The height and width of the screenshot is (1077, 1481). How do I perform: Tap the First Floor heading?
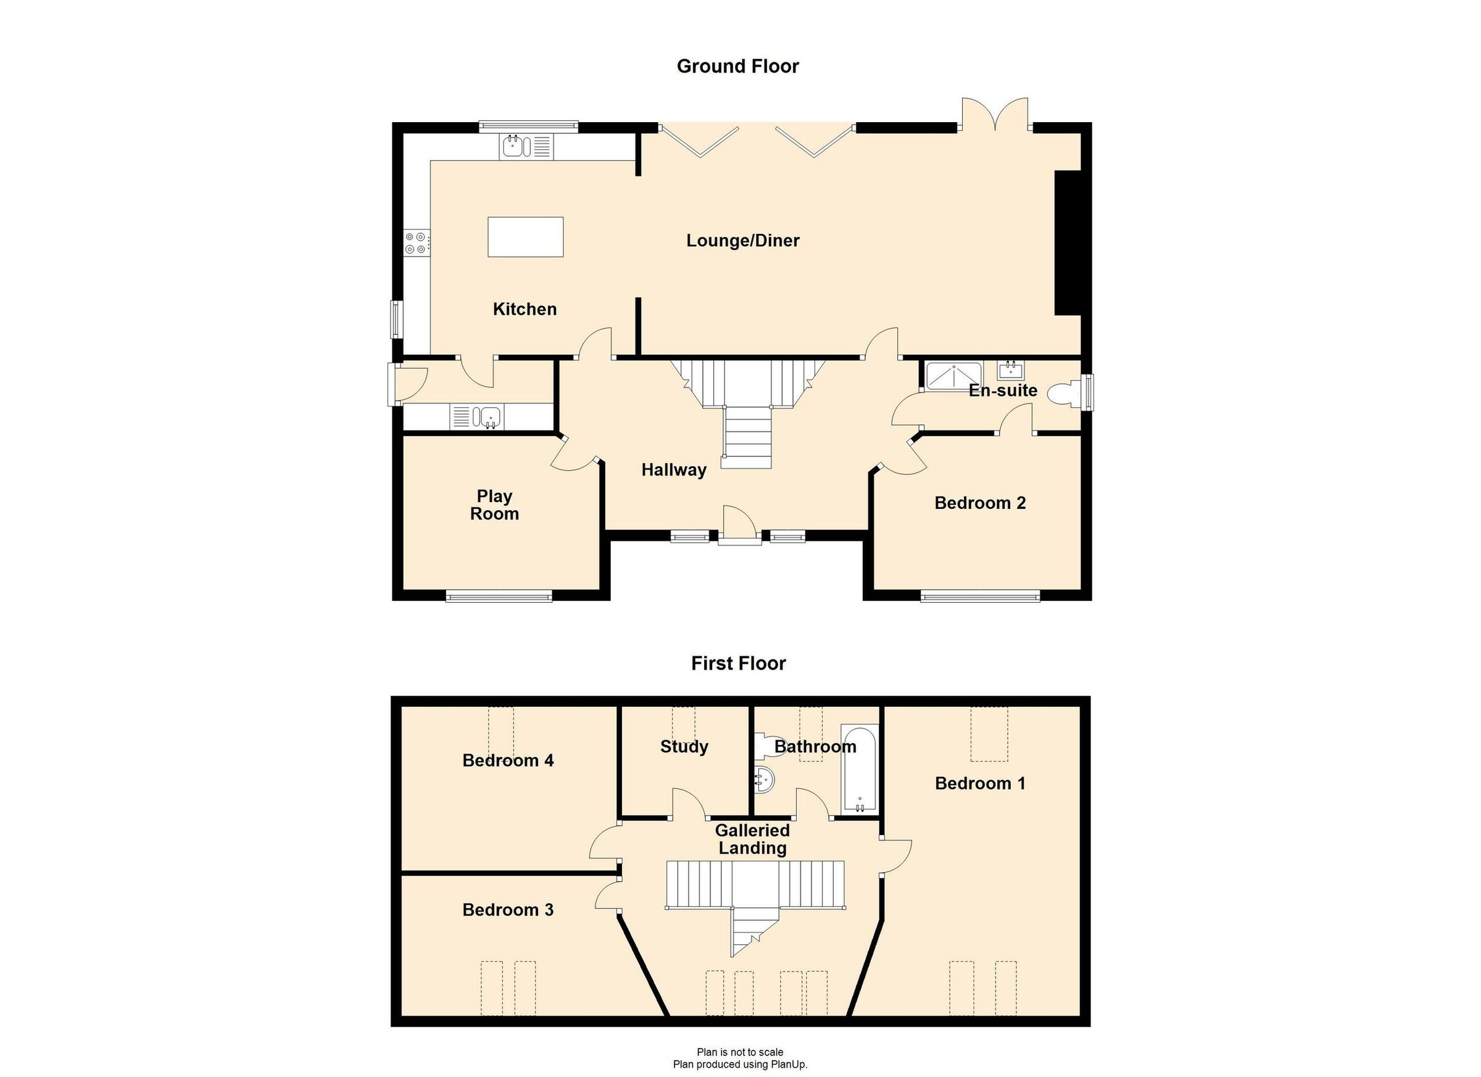pos(738,664)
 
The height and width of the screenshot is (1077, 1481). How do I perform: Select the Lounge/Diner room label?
pos(742,241)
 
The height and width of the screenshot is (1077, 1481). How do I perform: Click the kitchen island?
pos(525,237)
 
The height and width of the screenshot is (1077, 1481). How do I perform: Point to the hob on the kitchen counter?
pos(416,242)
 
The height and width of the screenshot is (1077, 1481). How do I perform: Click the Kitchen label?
pos(525,310)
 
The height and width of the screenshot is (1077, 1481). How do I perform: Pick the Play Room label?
pos(494,505)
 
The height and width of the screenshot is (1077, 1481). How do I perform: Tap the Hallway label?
pos(673,470)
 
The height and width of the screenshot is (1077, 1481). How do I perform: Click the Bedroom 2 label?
pos(979,503)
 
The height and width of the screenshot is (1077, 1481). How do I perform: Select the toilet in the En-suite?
pos(1063,394)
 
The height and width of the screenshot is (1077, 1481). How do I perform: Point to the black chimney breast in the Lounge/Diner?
pos(1068,243)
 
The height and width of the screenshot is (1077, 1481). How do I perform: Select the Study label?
pos(684,747)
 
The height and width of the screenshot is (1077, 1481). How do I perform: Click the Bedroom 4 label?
pos(507,761)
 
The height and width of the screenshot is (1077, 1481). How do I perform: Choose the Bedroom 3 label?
pos(507,910)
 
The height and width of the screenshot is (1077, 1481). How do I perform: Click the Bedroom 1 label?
pos(979,783)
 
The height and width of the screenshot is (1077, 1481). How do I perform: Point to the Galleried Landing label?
pos(752,840)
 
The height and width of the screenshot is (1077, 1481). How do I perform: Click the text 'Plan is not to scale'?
pos(740,1052)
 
